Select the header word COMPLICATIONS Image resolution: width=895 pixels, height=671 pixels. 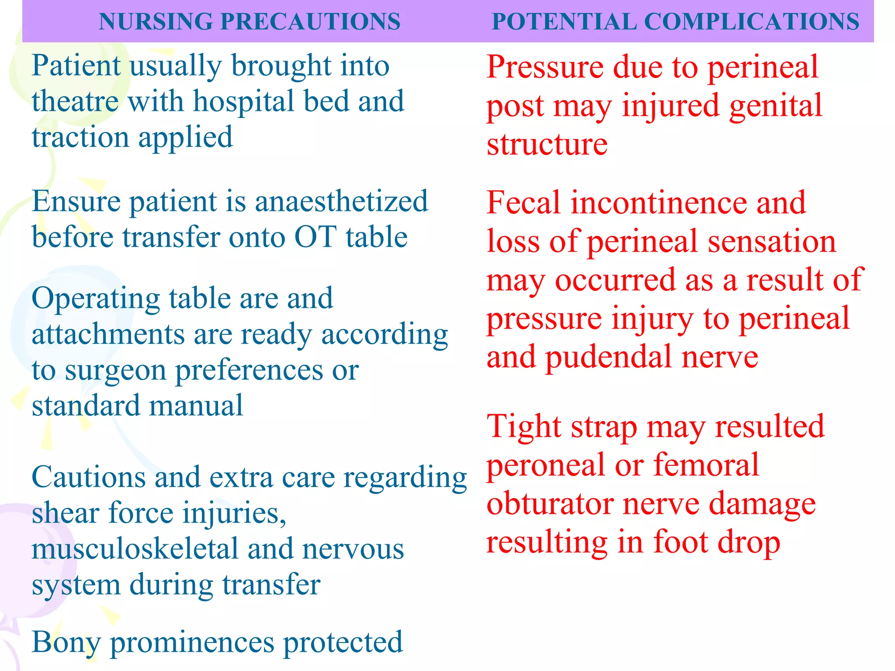[752, 21]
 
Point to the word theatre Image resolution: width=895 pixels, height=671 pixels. [75, 101]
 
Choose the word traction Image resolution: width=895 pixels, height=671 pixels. [80, 137]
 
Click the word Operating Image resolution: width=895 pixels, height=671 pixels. [97, 299]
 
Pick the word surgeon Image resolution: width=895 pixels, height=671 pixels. [116, 371]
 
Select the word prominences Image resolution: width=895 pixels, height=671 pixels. [192, 643]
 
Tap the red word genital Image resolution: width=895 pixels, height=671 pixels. [776, 106]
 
